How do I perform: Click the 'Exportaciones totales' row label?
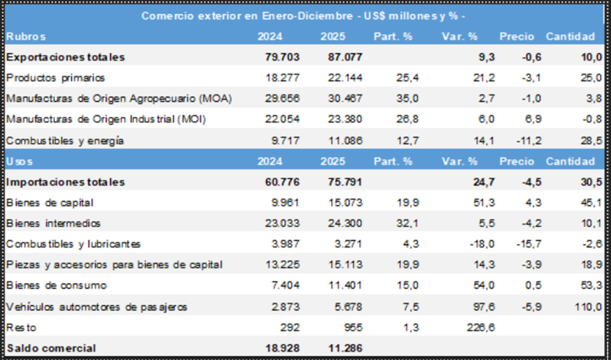65,57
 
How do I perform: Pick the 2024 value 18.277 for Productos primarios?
275,78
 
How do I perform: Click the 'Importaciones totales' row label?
65,182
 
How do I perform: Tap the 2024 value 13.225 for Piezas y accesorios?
275,265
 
